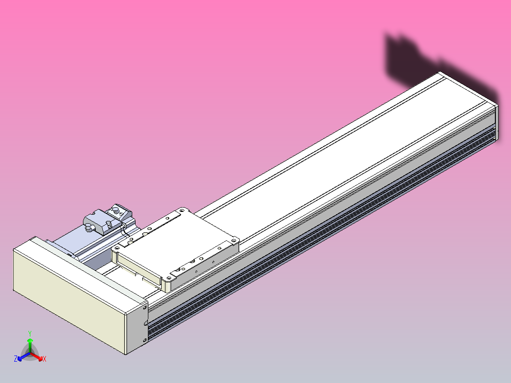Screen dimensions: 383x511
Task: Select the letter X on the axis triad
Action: pyautogui.click(x=45, y=359)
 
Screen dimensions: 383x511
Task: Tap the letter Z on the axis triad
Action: pyautogui.click(x=16, y=359)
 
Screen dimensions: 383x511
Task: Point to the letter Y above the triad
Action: pyautogui.click(x=30, y=333)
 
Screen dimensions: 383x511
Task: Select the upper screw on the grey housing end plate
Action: pyautogui.click(x=145, y=307)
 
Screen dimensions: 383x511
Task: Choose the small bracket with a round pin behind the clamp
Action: pyautogui.click(x=117, y=209)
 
